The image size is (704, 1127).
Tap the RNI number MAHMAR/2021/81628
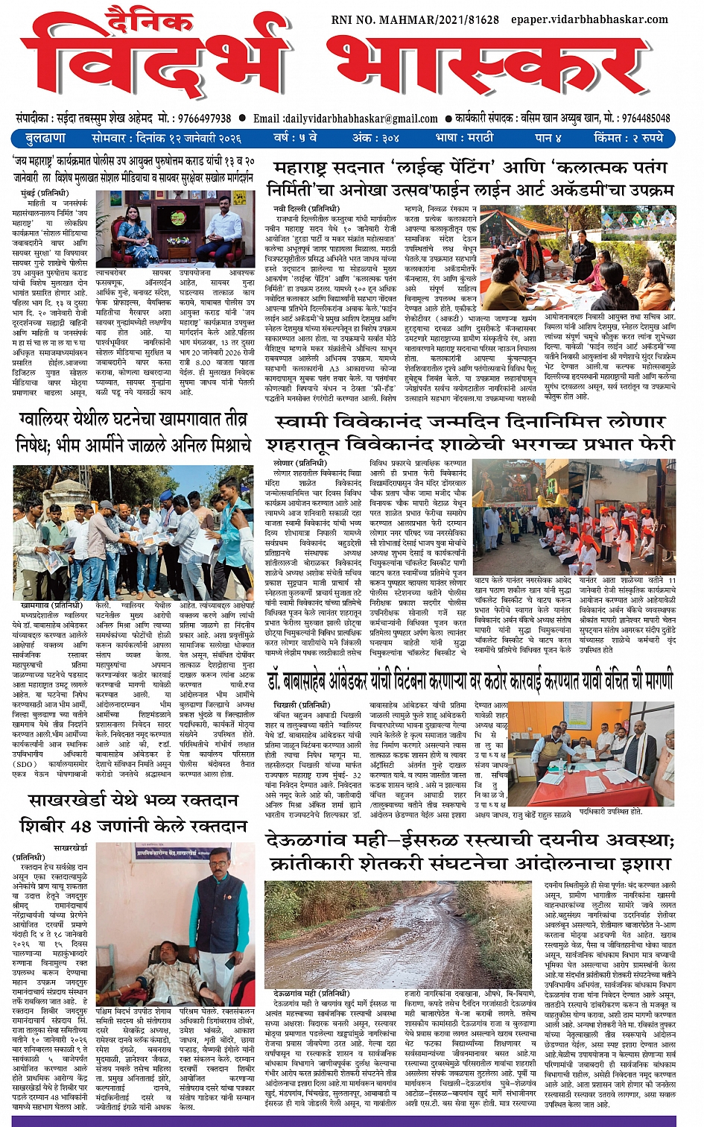click(x=415, y=19)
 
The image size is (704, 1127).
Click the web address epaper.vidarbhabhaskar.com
click(x=589, y=19)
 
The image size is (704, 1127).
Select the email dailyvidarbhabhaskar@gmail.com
click(x=356, y=119)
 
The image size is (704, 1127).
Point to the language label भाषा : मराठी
click(x=463, y=138)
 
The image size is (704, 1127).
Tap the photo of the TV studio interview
click(x=176, y=227)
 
